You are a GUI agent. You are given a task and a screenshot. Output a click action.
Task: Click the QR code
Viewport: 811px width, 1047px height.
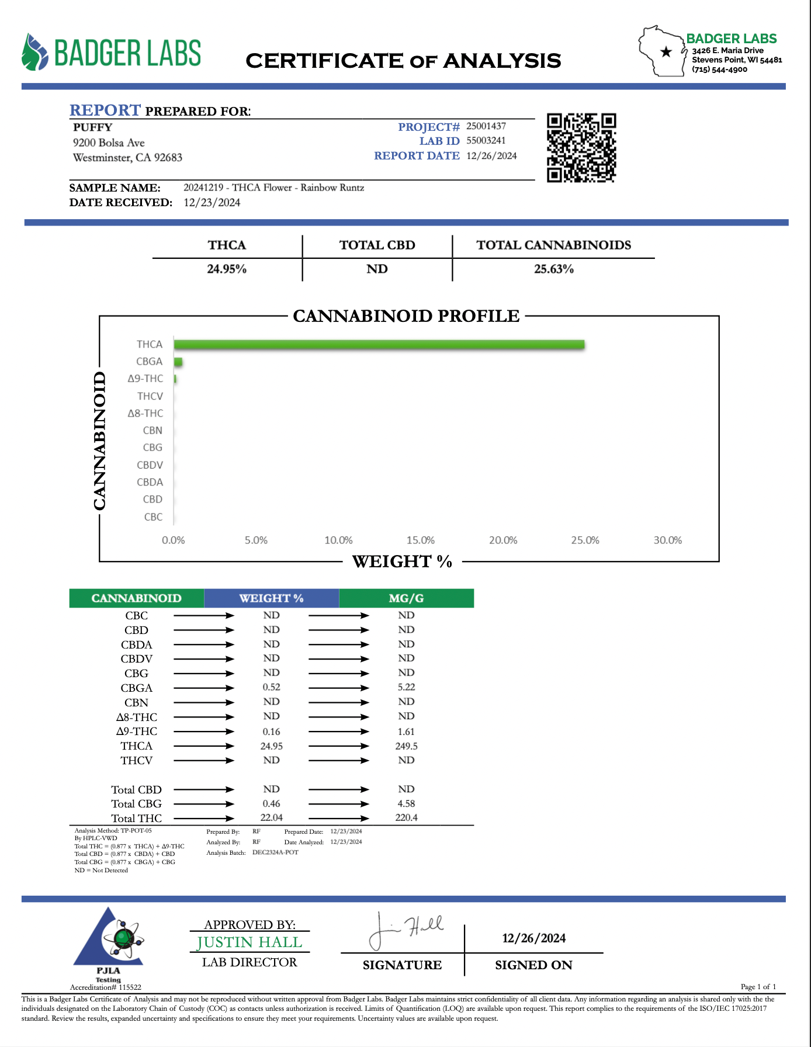581,148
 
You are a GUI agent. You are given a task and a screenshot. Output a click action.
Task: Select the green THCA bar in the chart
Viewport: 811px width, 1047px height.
379,345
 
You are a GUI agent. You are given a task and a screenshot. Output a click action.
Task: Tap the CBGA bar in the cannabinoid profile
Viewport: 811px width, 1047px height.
178,362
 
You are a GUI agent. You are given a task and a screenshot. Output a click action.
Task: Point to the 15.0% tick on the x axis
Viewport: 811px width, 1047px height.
421,540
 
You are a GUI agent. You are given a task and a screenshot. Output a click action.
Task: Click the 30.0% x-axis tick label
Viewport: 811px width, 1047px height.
667,540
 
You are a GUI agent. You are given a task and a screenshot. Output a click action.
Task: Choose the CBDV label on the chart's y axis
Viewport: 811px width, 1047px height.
150,465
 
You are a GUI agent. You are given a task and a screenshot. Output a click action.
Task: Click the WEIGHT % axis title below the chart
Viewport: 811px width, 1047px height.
402,561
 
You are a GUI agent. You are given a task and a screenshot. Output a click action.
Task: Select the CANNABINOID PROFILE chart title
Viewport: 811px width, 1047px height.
406,316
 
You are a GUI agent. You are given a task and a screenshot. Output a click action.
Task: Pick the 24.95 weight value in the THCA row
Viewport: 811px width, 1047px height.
272,746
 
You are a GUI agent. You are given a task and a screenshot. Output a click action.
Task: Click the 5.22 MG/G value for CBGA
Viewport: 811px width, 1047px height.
406,688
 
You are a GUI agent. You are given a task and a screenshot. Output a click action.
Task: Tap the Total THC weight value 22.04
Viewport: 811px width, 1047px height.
272,818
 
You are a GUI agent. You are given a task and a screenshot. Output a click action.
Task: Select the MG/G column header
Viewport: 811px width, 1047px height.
406,598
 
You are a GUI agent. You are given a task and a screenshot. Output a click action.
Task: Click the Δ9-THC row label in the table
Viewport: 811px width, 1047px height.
137,731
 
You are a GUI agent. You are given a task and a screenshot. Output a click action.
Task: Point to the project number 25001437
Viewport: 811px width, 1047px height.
486,126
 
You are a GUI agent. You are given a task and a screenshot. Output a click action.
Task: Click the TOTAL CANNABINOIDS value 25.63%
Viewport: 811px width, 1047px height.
554,269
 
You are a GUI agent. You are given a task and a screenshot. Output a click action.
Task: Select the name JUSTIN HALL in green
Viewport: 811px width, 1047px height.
249,942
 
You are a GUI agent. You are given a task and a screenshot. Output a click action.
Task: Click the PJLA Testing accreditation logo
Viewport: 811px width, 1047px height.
109,942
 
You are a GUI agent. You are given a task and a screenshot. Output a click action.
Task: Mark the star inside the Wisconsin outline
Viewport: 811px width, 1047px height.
666,52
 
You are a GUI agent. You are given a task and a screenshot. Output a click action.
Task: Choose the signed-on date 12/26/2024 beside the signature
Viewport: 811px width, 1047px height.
533,938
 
